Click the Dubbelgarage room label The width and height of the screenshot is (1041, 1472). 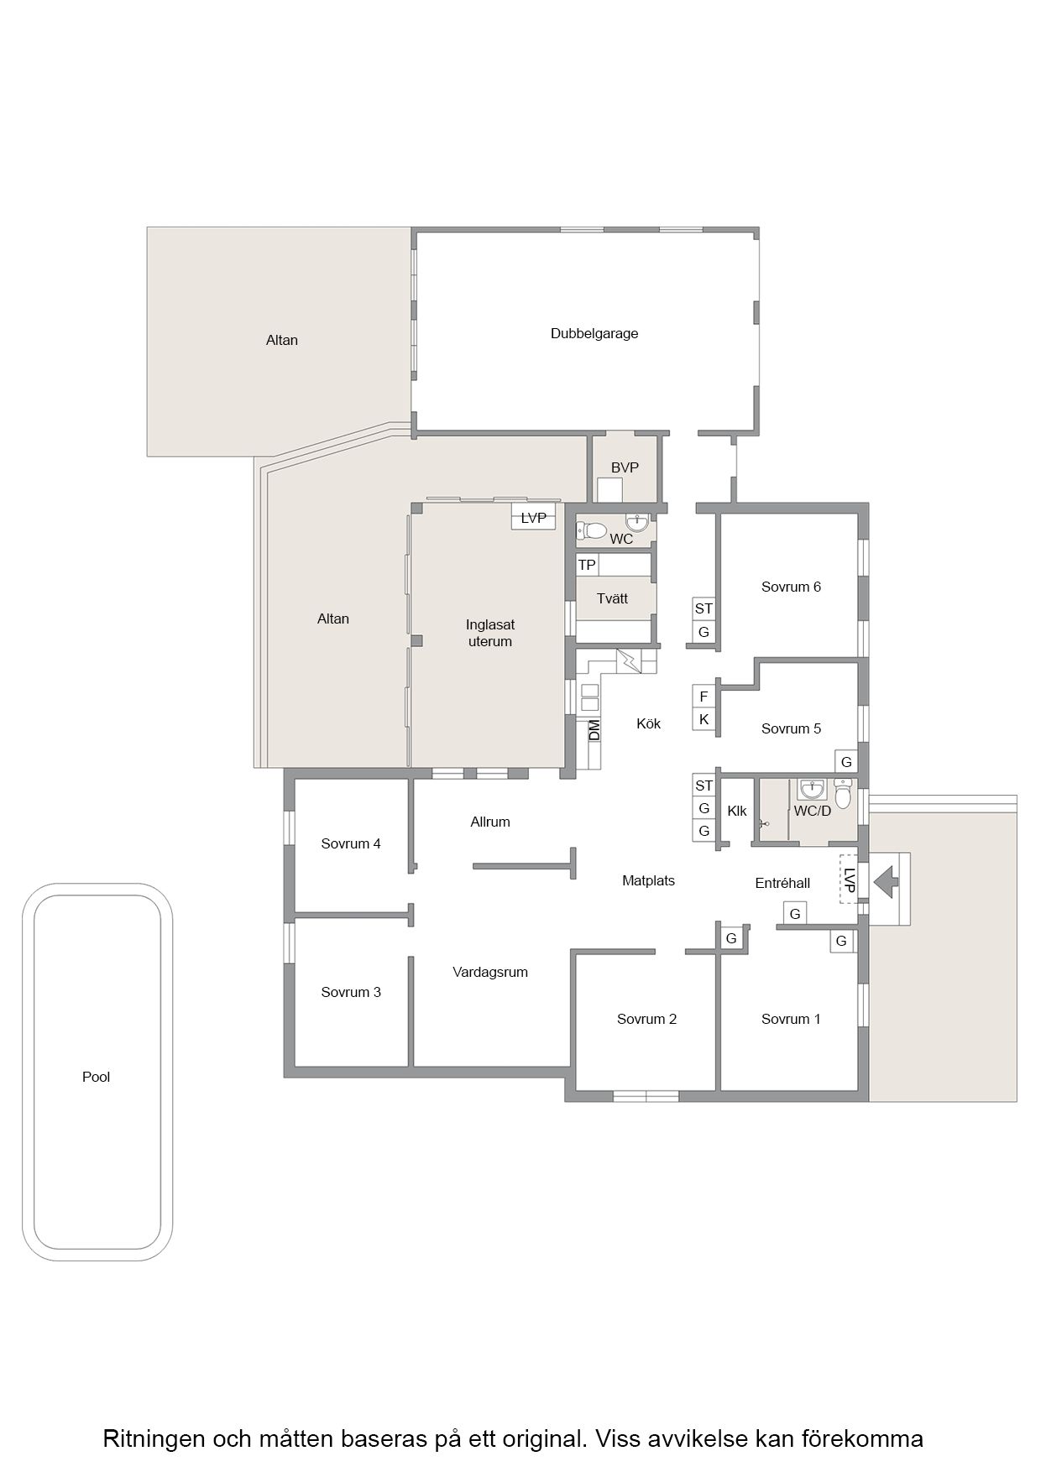594,334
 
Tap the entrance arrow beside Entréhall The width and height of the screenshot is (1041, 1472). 886,882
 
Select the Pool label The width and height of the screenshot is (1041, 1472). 96,1077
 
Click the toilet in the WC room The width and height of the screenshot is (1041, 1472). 591,530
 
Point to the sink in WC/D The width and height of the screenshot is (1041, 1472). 812,790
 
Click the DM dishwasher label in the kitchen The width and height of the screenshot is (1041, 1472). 594,729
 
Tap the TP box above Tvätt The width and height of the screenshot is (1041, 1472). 587,565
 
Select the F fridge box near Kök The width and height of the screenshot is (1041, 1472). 704,697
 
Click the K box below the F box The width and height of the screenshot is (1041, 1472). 704,719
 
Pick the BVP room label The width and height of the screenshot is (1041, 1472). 625,467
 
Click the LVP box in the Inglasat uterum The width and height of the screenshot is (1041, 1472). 533,518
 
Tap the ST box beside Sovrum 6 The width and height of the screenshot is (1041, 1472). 704,608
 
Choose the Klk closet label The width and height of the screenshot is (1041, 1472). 737,811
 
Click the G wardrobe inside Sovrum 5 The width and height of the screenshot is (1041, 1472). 846,762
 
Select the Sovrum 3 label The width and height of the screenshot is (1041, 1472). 351,992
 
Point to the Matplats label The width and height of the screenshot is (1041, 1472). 648,881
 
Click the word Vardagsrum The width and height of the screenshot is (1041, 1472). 490,973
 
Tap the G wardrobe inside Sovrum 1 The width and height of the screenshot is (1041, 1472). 841,942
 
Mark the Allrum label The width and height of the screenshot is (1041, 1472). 490,822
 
